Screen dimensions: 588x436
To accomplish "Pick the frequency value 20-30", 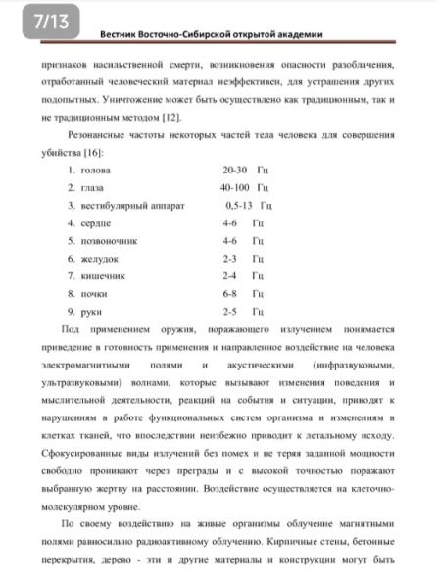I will (235, 171).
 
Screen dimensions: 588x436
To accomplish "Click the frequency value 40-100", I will (236, 188).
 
